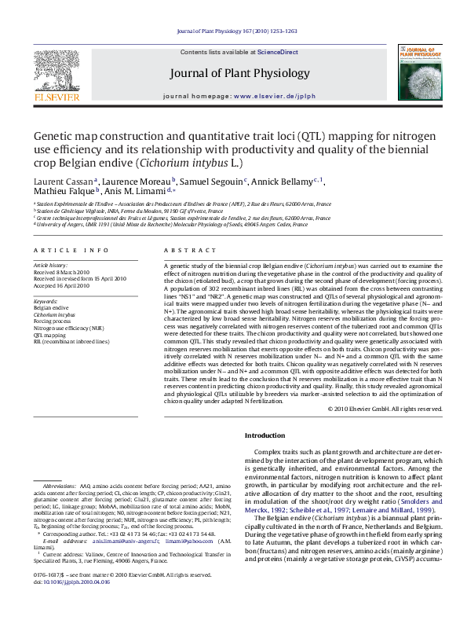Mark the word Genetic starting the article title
[51, 134]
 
